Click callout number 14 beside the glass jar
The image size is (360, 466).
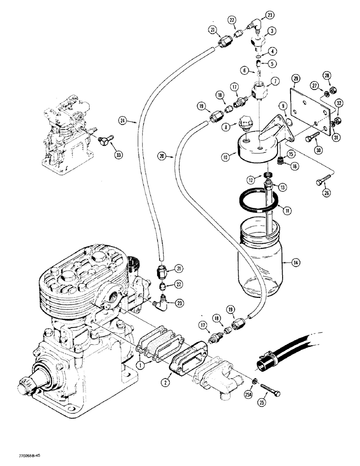(296, 262)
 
